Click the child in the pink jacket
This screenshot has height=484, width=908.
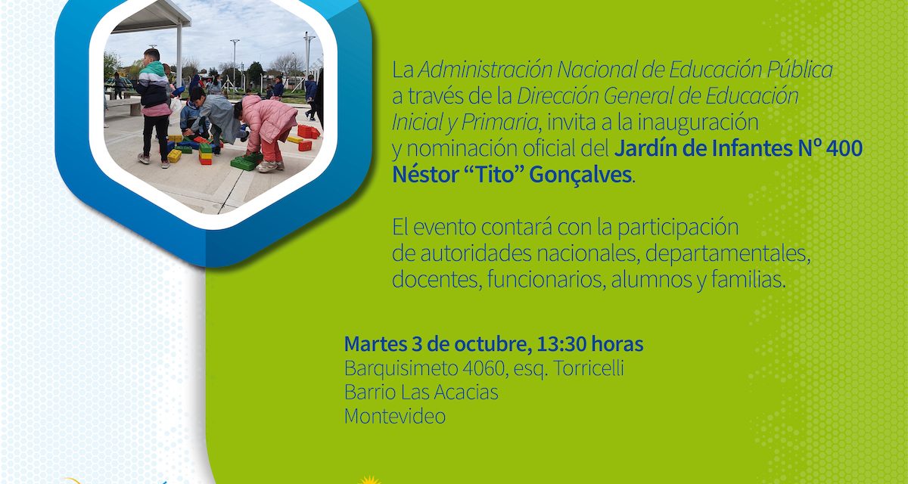269,129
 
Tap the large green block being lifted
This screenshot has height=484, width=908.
246,162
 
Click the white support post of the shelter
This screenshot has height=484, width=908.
179,57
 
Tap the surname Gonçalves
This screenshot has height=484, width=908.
580,174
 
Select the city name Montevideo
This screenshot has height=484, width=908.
394,416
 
